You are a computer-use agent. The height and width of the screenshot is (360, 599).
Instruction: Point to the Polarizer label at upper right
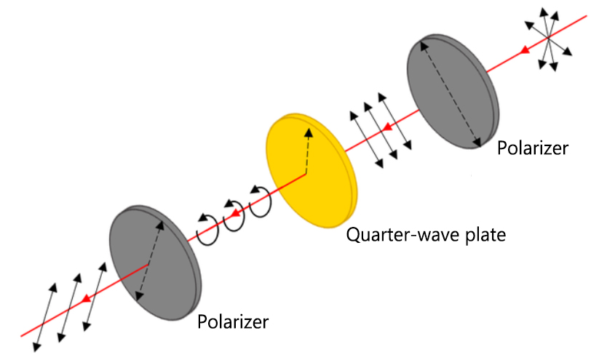532,148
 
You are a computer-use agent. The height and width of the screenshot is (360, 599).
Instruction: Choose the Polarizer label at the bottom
233,320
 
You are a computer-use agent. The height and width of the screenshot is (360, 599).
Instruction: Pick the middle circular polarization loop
234,215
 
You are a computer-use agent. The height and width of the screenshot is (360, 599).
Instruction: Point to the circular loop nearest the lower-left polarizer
208,229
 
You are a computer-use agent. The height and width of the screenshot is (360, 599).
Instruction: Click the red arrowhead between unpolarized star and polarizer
524,52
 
